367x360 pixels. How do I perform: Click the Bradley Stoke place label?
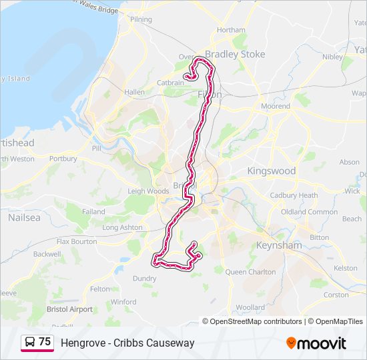tap(235, 54)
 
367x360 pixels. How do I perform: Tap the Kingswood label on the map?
tap(271, 171)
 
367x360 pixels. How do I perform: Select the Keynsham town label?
tap(279, 245)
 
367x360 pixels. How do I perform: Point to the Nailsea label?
tap(24, 217)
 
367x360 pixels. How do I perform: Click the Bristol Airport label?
tap(69, 309)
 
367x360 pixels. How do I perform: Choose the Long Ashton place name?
tap(122, 227)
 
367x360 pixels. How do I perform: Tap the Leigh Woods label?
tap(148, 191)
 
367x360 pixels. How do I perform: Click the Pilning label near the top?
tap(141, 19)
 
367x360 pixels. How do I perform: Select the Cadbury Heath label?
tap(294, 195)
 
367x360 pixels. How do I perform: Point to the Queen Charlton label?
tap(250, 272)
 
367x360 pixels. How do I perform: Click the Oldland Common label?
tap(309, 211)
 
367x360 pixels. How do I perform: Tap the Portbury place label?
tap(63, 159)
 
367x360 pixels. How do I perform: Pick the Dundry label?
tap(145, 279)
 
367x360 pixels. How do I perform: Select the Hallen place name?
tap(134, 92)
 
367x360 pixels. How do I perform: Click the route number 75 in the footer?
tap(45, 342)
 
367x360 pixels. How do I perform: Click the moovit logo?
tap(316, 343)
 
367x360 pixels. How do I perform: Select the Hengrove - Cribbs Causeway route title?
tap(127, 343)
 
